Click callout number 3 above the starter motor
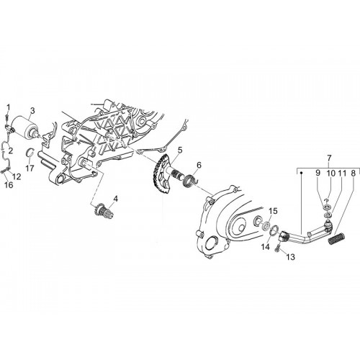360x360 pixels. click(x=32, y=111)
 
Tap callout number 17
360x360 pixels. click(x=30, y=168)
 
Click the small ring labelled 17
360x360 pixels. click(x=30, y=153)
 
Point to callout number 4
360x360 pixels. click(x=116, y=199)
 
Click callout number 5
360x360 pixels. click(x=180, y=150)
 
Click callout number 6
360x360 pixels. click(x=199, y=165)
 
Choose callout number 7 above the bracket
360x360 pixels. click(x=329, y=158)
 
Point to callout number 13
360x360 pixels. click(x=290, y=257)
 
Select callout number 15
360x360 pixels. click(x=273, y=211)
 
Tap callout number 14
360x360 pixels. click(x=266, y=247)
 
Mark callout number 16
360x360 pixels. click(x=9, y=185)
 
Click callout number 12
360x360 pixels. click(x=17, y=176)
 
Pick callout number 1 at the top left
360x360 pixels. click(x=9, y=107)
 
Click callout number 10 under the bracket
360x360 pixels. click(x=330, y=174)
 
